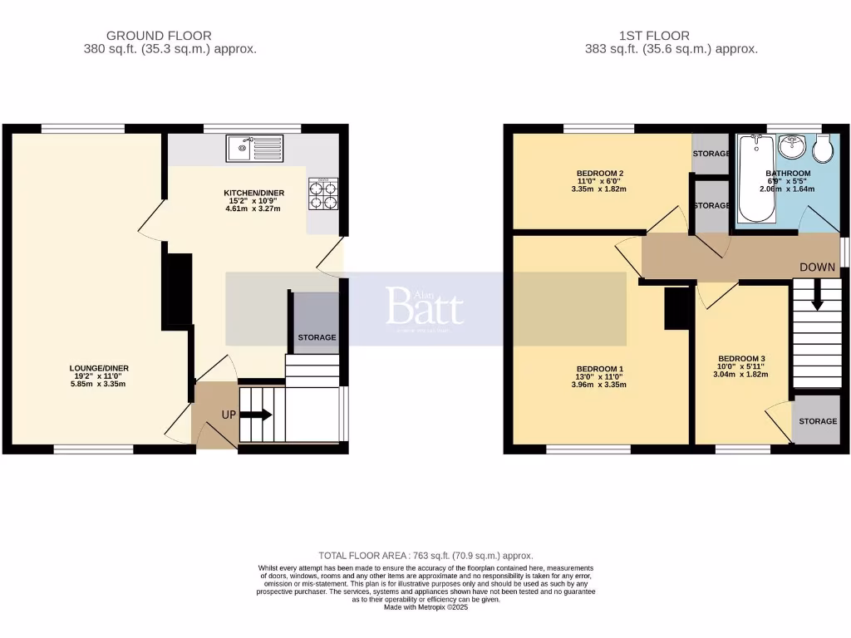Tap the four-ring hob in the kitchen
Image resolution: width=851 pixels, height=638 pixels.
(323, 194)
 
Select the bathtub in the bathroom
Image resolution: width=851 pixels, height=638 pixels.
(756, 179)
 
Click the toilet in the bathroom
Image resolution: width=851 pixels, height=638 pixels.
(824, 150)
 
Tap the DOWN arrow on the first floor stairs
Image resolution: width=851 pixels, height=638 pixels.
(817, 295)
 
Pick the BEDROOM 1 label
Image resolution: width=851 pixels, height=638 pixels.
(600, 369)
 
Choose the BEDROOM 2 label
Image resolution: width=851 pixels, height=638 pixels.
(600, 174)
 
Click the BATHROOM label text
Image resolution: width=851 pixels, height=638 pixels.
(788, 174)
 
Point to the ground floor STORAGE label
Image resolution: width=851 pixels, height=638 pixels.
(317, 337)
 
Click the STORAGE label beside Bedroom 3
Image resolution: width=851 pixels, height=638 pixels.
(818, 421)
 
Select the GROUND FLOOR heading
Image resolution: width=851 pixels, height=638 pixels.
(159, 36)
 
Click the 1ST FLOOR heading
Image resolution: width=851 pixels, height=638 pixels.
(654, 36)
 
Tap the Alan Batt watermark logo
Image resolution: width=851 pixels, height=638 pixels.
(425, 308)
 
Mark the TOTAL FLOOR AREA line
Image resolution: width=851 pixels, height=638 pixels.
(425, 556)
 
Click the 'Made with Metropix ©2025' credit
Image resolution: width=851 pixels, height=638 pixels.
(425, 607)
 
